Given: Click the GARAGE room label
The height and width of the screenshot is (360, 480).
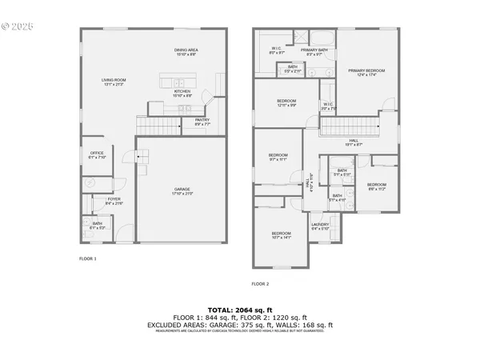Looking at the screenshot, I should click(x=182, y=190).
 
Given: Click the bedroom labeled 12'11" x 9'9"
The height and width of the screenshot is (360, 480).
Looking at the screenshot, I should click(x=286, y=102).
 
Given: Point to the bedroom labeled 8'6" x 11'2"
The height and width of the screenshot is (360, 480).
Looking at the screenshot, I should click(x=376, y=186).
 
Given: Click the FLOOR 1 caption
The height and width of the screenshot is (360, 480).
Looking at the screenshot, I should click(x=87, y=259).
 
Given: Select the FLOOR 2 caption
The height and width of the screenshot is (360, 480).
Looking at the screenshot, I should click(x=260, y=284).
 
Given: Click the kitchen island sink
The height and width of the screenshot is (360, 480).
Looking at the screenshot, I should click(x=179, y=82).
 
